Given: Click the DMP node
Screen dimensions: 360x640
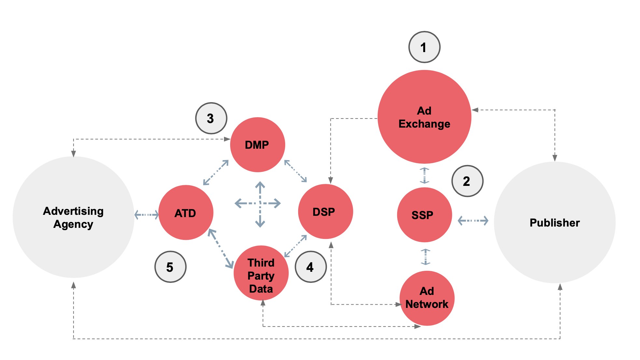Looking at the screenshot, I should (x=257, y=145).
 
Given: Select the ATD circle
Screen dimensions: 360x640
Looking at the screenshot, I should (x=186, y=213).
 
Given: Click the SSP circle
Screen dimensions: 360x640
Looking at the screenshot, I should (x=424, y=215).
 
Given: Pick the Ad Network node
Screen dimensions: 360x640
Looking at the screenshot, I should (x=427, y=298).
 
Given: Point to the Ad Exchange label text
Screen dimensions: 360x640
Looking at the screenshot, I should (x=424, y=118).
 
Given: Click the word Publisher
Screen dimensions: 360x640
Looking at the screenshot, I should (x=554, y=223).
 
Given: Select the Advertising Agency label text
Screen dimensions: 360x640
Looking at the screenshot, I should (x=73, y=217).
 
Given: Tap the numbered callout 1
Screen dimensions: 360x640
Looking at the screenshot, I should (x=424, y=47).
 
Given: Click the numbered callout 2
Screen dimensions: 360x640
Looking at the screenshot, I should (x=467, y=181).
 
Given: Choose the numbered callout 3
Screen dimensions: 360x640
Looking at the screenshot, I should (x=211, y=118).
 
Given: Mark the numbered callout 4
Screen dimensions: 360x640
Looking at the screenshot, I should (x=310, y=267).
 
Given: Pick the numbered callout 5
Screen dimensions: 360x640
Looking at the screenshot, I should (x=170, y=267).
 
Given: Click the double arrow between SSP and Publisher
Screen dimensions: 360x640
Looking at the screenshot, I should (x=473, y=221).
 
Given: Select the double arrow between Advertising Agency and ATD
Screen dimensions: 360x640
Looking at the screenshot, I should (x=146, y=215).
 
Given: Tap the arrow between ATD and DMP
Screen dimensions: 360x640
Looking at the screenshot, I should (x=216, y=173).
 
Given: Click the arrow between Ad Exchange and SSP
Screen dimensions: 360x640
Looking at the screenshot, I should (x=424, y=175).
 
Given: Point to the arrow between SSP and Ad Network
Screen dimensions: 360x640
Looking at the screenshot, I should (x=425, y=257).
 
